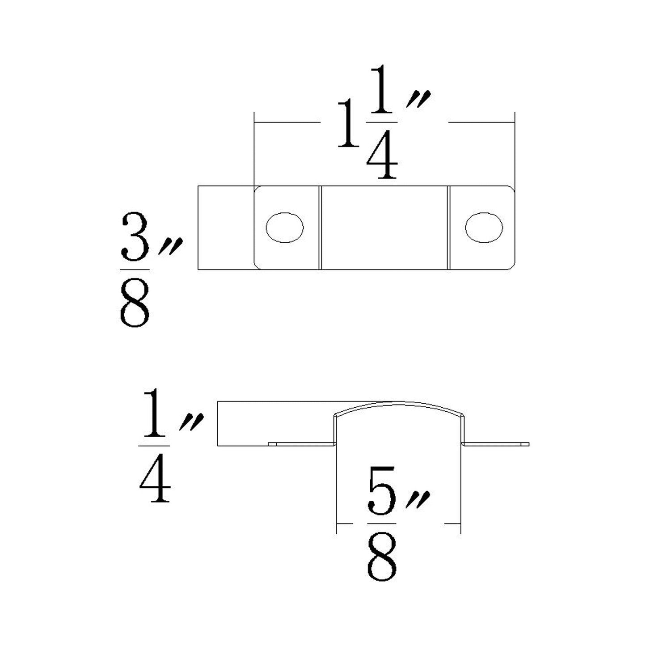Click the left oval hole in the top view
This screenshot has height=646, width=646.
pyautogui.click(x=285, y=227)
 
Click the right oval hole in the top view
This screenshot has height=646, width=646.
pyautogui.click(x=484, y=227)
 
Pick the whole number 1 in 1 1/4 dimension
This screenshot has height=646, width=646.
pyautogui.click(x=348, y=124)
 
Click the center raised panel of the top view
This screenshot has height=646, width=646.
pyautogui.click(x=384, y=228)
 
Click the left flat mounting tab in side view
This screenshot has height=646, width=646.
pyautogui.click(x=302, y=444)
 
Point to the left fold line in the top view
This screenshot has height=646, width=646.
pyautogui.click(x=321, y=228)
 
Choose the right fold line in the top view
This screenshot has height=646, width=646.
pyautogui.click(x=448, y=228)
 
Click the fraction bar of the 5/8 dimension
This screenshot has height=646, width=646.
pyautogui.click(x=381, y=523)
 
